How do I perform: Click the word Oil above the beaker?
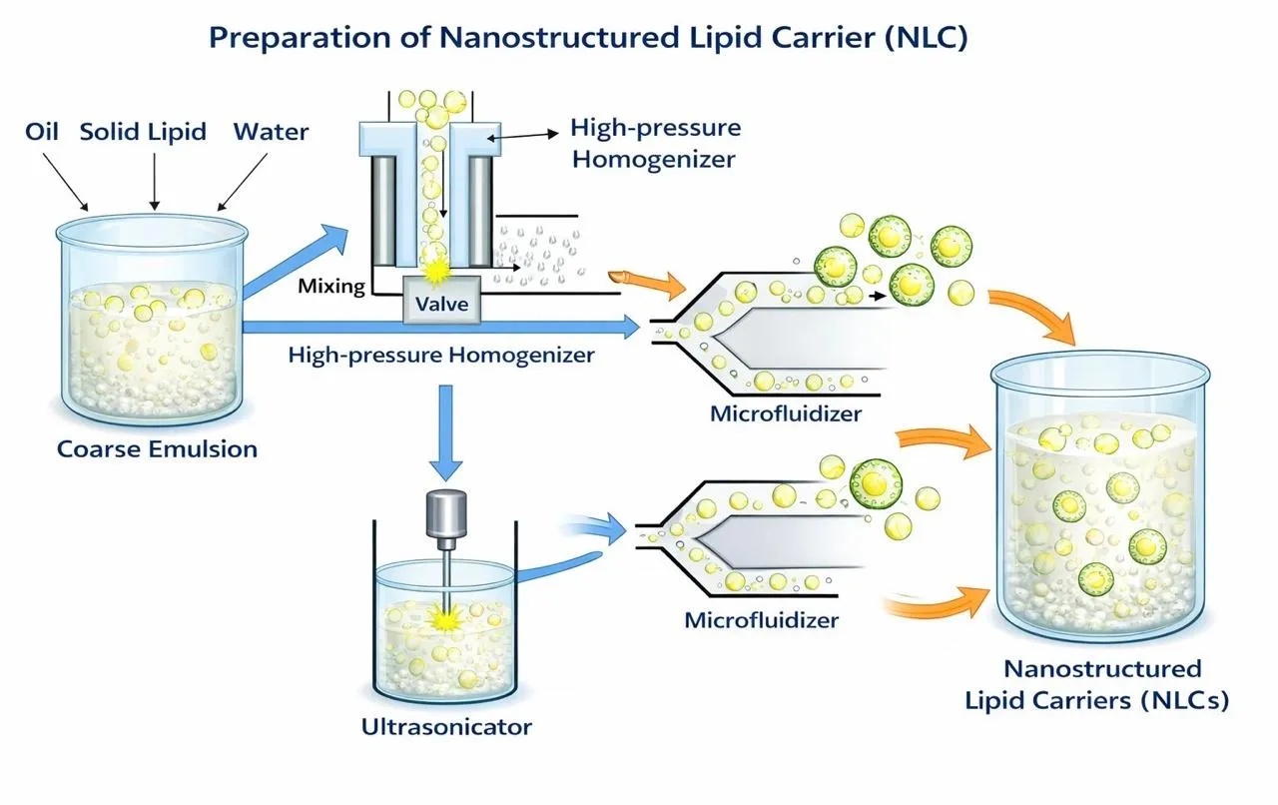click(x=42, y=131)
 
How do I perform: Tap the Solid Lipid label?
click(x=143, y=132)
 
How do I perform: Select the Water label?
click(x=271, y=132)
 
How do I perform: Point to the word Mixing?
click(x=331, y=286)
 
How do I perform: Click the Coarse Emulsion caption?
click(x=157, y=449)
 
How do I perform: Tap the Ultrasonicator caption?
click(x=446, y=727)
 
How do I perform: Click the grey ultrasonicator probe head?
click(x=446, y=512)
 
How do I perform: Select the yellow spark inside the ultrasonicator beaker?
click(x=444, y=619)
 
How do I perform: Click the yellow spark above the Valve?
click(x=436, y=272)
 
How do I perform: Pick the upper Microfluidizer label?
click(x=786, y=413)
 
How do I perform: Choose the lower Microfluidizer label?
click(x=762, y=620)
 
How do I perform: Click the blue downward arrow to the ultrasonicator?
click(x=445, y=432)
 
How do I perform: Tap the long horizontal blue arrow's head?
click(x=630, y=328)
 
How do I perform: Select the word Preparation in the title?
click(x=301, y=39)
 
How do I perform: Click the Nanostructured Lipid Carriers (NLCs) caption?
click(x=1097, y=684)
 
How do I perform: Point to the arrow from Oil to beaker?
click(x=65, y=182)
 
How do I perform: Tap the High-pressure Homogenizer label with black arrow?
click(x=656, y=143)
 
